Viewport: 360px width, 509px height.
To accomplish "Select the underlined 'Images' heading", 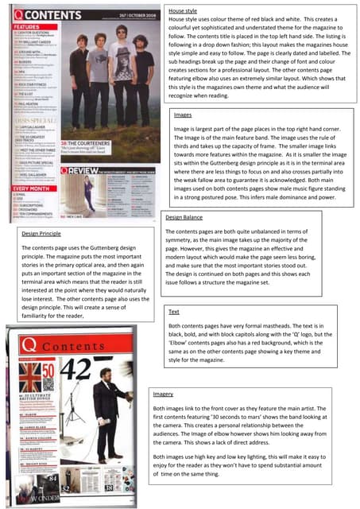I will point(182,115).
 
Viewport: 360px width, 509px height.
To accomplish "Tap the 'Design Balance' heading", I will point(183,216).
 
